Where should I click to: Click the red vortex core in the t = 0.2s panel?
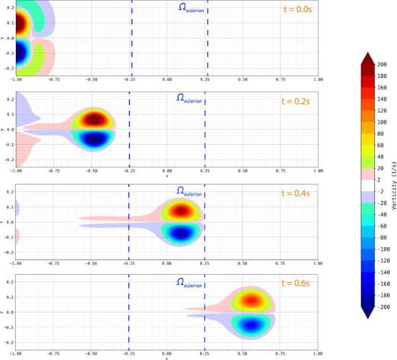(94, 119)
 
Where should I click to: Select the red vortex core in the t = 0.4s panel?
(182, 210)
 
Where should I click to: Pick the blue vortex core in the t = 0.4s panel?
(182, 231)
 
